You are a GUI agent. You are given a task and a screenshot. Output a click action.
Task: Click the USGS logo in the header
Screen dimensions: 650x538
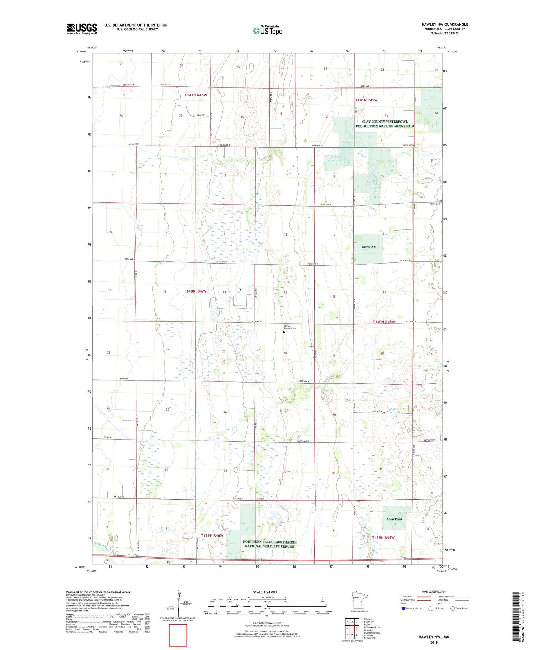[82, 29]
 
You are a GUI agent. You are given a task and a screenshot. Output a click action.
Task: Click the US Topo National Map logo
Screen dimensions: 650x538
[267, 30]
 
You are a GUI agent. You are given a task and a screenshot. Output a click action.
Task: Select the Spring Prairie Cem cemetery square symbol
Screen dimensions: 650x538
[284, 332]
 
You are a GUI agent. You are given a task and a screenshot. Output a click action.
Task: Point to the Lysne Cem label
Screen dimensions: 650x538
[435, 204]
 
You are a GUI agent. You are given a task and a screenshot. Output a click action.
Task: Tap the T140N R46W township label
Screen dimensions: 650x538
[195, 291]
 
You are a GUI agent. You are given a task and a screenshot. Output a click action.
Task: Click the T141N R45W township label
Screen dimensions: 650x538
[366, 100]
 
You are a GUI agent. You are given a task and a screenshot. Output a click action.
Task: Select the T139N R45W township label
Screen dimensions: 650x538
[383, 537]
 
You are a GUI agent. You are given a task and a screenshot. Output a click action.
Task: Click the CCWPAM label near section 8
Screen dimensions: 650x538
[369, 247]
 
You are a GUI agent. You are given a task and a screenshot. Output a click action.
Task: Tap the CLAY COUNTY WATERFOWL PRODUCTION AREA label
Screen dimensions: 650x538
[384, 124]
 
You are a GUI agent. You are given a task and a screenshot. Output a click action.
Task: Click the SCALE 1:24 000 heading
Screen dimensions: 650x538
[265, 592]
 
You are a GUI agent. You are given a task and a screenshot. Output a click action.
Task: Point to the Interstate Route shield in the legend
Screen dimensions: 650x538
[403, 608]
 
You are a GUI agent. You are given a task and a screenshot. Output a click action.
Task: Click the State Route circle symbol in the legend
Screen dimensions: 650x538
[453, 608]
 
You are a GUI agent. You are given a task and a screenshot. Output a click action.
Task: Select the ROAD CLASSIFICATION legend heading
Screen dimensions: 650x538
[434, 592]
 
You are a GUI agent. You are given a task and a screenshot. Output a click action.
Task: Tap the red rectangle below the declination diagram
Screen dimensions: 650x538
[178, 635]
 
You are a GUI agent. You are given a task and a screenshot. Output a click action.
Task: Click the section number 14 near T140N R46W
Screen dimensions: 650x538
[224, 292]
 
